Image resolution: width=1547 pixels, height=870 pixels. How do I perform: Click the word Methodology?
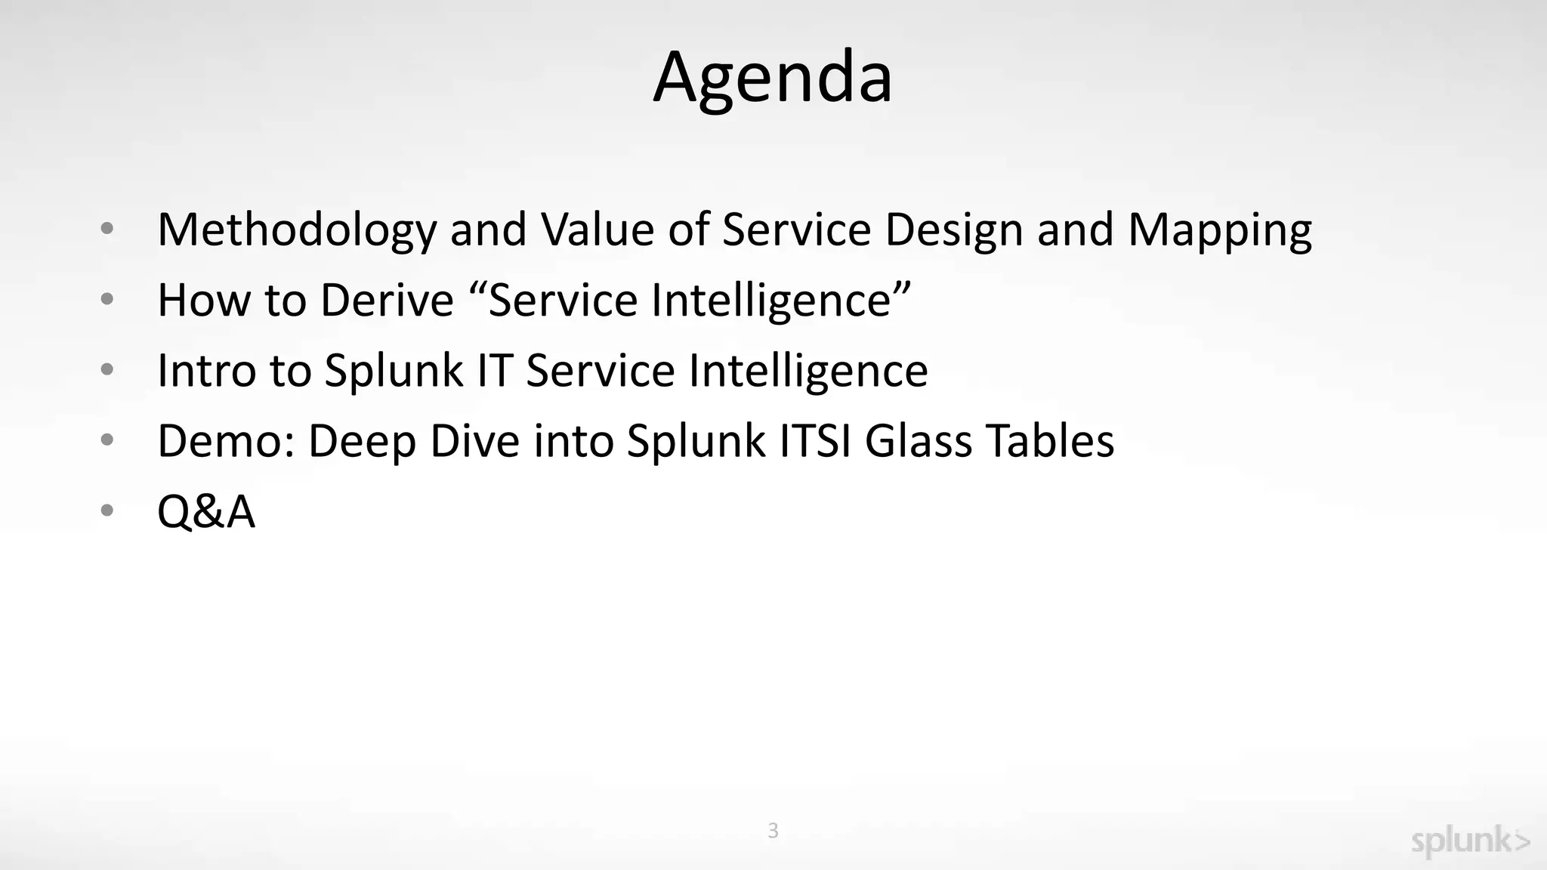coord(296,230)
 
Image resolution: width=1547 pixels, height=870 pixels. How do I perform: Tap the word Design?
coord(953,230)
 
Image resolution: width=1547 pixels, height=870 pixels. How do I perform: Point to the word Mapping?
coord(1219,230)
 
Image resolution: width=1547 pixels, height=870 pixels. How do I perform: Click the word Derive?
coord(387,300)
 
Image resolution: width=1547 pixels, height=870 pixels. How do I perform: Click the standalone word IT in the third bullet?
coord(495,370)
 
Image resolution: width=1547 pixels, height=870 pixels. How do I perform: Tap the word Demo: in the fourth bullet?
coord(226,440)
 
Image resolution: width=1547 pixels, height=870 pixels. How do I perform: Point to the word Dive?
coord(474,440)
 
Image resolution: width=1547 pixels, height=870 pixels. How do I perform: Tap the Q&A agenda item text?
coord(205,511)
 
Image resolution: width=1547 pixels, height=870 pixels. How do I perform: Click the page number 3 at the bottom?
coord(773,830)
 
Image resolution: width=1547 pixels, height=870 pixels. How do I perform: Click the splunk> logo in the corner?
coord(1470,841)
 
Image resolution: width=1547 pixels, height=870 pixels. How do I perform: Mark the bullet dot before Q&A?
coord(107,510)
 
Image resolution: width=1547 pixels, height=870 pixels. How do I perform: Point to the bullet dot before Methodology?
coord(107,228)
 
